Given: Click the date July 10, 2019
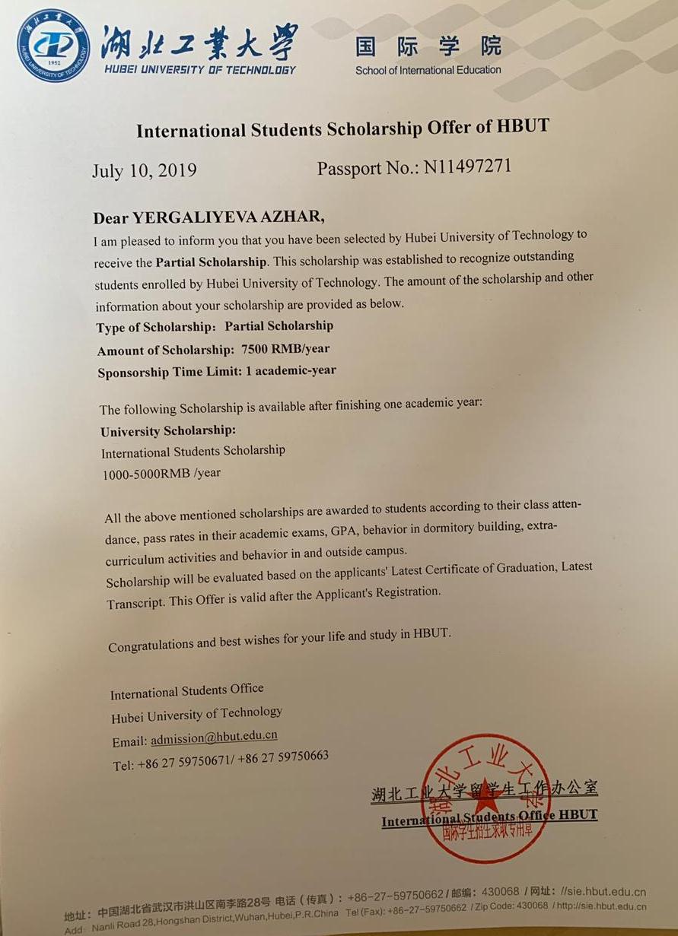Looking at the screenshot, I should (x=144, y=170).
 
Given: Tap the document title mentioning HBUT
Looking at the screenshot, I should (x=342, y=129).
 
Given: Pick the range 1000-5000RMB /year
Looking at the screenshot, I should (x=161, y=473).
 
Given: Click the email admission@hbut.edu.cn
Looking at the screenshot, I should (x=214, y=738).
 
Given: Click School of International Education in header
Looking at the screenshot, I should (x=428, y=70).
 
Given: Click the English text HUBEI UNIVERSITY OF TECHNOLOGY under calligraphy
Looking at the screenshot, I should (x=199, y=70).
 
